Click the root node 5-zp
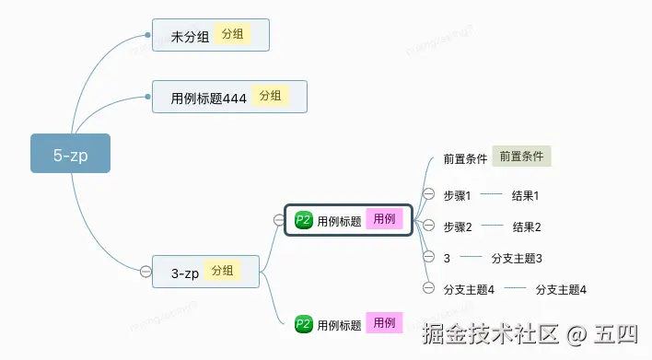[x=70, y=155]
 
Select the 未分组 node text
[x=191, y=37]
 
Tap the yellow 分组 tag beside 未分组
[x=233, y=35]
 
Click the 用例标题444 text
[x=209, y=98]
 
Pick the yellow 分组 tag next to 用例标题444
[x=270, y=96]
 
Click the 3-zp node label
[x=185, y=273]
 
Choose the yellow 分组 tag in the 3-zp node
[x=222, y=271]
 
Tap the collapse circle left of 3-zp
[x=146, y=271]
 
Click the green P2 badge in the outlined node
[x=304, y=220]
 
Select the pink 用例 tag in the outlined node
[x=383, y=219]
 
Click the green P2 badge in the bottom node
[x=304, y=324]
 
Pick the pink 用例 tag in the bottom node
[x=383, y=323]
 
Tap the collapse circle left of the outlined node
[x=279, y=219]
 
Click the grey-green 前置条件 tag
[x=521, y=157]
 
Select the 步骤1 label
[x=457, y=195]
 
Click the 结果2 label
[x=527, y=226]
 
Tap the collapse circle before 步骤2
[x=429, y=226]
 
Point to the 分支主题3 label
[x=517, y=258]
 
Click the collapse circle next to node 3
[x=429, y=257]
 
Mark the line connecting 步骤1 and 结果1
[x=491, y=194]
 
